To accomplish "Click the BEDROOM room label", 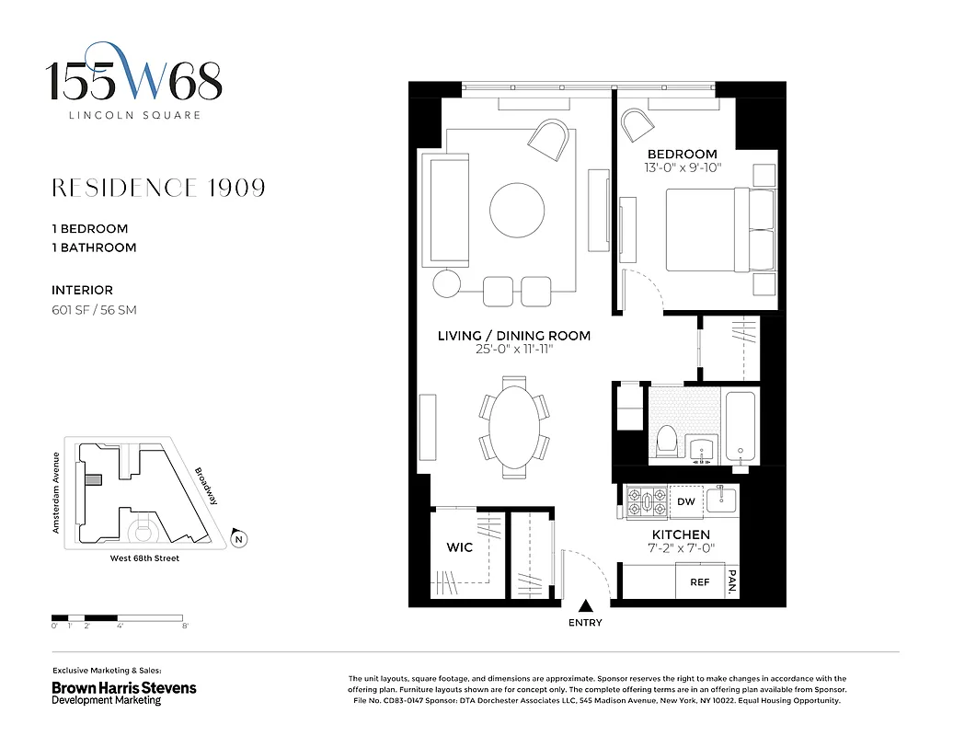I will coord(682,154).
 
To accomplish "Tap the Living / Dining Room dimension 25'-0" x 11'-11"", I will coord(513,350).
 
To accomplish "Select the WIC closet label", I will coord(459,547).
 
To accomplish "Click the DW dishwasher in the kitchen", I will coord(685,502).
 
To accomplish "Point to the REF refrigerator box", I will coord(699,582).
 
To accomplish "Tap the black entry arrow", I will coord(585,605).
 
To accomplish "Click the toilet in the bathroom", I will coord(667,443).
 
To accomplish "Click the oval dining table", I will coord(514,427).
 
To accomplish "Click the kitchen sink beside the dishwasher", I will coord(720,500).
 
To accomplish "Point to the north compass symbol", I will coord(238,539).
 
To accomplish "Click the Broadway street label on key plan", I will coord(207,487).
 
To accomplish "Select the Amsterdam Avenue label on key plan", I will coord(56,493).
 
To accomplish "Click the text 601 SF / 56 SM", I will coord(94,310).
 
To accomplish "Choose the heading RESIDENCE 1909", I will coord(158,188).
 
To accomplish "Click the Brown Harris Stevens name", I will coord(123,687).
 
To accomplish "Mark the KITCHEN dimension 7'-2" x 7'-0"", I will coord(681,549).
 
